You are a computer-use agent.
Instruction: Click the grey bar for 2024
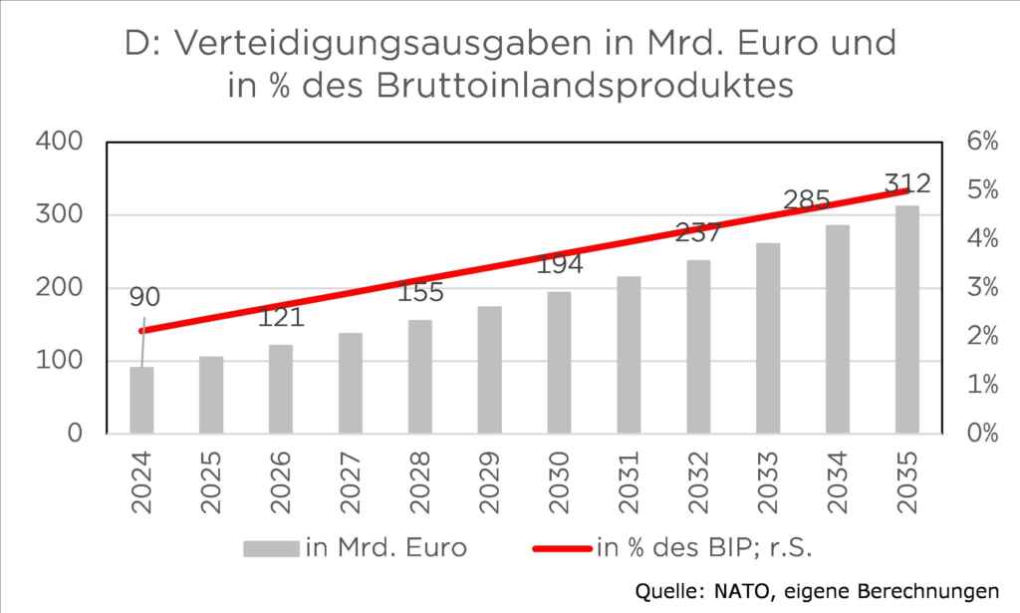click(141, 401)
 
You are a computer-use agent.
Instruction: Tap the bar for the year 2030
click(559, 363)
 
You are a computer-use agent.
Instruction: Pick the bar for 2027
click(350, 384)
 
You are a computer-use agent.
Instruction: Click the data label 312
click(906, 183)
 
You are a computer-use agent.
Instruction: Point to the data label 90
click(143, 297)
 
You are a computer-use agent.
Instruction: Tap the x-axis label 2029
click(489, 481)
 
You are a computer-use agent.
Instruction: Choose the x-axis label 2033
click(767, 481)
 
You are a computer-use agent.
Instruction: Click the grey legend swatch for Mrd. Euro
click(270, 547)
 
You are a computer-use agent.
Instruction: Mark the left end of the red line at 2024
click(141, 331)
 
